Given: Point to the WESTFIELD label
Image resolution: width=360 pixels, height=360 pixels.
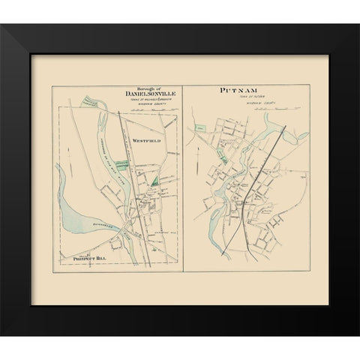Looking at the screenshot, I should tap(147, 140).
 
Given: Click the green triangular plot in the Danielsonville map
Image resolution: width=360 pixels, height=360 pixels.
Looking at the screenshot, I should tap(154, 178).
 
